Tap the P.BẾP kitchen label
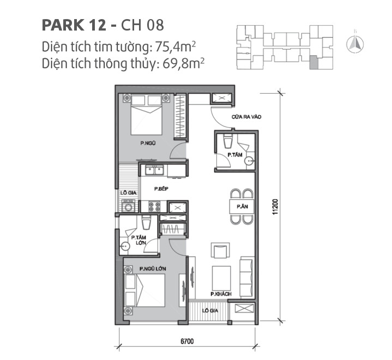[x=160, y=189]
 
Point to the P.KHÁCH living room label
[x=221, y=294]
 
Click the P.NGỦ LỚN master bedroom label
[x=153, y=269]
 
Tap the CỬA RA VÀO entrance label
[x=244, y=116]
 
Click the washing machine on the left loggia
[x=129, y=207]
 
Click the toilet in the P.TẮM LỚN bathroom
[x=145, y=223]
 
